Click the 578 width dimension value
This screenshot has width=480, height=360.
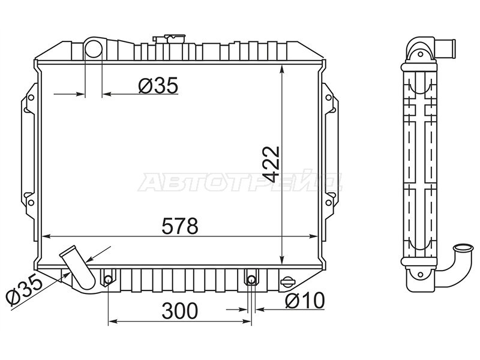click(x=180, y=226)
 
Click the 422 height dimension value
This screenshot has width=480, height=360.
click(x=271, y=164)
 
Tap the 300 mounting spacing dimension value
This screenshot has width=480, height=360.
click(x=180, y=311)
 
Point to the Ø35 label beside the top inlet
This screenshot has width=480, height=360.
click(x=158, y=85)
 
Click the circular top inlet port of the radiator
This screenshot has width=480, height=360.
click(x=93, y=49)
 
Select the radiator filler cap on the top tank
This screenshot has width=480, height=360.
click(x=169, y=38)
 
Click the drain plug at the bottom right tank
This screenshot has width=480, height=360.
click(x=287, y=281)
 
